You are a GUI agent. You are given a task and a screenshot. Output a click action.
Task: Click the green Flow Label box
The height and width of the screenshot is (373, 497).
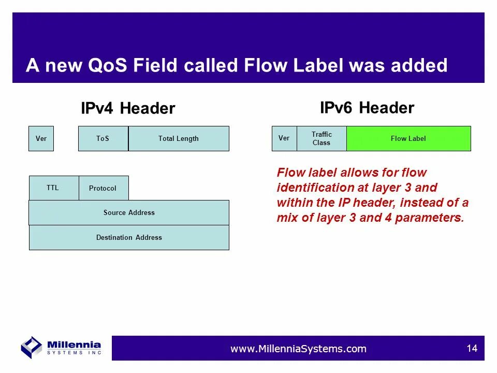coord(408,139)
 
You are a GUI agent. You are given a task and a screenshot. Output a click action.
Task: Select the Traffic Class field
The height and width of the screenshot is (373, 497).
coord(321,139)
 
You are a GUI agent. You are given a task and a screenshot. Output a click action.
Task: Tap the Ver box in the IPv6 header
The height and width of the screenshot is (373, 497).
coord(284,139)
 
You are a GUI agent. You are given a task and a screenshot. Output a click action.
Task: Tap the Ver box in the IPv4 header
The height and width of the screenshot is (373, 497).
coord(41,139)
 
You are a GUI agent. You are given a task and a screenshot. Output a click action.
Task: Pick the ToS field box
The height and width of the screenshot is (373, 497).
coord(104,139)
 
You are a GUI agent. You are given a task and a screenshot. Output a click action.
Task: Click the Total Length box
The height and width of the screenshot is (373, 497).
coord(179,139)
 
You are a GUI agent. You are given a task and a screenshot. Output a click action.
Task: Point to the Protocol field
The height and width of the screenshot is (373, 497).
coord(104,188)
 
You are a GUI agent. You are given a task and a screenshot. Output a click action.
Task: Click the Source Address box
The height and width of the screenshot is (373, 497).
coord(129,212)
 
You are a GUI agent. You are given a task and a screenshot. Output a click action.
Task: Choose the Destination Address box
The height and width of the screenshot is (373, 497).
coord(129,238)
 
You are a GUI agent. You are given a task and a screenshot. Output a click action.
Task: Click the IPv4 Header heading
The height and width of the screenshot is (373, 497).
coord(128,108)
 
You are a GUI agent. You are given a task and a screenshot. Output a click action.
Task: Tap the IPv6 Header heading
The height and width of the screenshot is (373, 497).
coord(367,108)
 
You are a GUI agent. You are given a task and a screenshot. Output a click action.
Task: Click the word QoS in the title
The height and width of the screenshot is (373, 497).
coord(108,65)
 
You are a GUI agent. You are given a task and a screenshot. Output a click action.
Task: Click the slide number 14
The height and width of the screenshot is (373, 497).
coord(472,348)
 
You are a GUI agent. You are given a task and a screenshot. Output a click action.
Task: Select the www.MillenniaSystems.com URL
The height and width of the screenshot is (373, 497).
coord(298,349)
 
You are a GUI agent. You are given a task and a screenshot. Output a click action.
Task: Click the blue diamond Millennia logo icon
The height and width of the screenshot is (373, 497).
coord(32,348)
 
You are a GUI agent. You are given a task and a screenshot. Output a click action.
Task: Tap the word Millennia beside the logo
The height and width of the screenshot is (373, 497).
coord(74,345)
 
